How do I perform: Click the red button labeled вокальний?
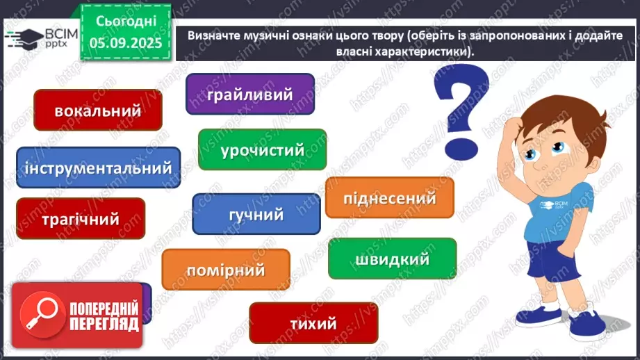pos(97,111)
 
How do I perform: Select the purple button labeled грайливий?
pos(249,95)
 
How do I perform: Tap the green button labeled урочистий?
pos(262,149)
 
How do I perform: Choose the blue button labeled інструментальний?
pos(98,167)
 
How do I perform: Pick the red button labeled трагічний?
pos(80,219)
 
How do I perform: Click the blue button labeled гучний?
pos(256,214)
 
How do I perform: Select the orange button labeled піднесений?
pos(389,198)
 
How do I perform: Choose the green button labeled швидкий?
pos(392,259)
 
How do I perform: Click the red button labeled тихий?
pos(313,323)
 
